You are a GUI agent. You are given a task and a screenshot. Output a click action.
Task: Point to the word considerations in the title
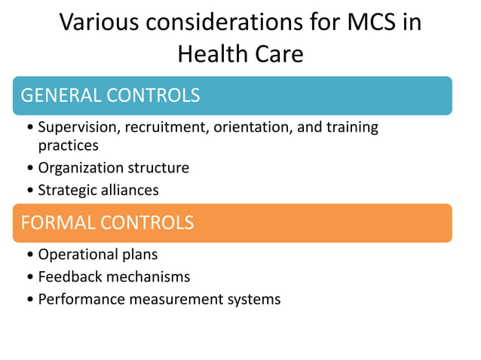[231, 22]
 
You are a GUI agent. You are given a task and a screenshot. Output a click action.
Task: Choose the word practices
[68, 145]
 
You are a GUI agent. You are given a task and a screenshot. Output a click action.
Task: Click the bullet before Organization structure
[29, 168]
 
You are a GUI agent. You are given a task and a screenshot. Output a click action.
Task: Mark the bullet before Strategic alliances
[29, 191]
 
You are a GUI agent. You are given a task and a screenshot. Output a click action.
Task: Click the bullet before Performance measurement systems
[29, 300]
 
